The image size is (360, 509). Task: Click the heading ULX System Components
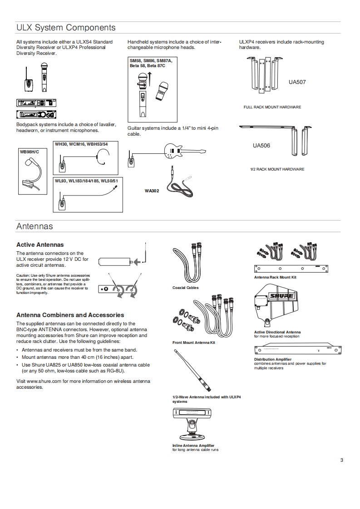66,28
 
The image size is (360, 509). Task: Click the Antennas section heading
35,226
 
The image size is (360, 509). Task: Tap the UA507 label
297,82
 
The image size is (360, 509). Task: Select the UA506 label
261,146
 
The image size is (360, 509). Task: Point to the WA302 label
152,191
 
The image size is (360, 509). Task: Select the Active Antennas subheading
40,245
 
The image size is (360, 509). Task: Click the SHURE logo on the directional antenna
281,296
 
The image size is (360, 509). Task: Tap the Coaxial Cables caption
185,288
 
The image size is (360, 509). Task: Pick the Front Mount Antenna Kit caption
193,343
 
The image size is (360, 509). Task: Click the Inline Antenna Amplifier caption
193,445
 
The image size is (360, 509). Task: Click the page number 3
341,461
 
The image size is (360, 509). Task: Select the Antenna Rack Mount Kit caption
275,277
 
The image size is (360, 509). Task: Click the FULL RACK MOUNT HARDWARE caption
272,107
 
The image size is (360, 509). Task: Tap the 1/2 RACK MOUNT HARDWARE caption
277,169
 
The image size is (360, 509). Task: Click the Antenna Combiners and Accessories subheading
70,315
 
